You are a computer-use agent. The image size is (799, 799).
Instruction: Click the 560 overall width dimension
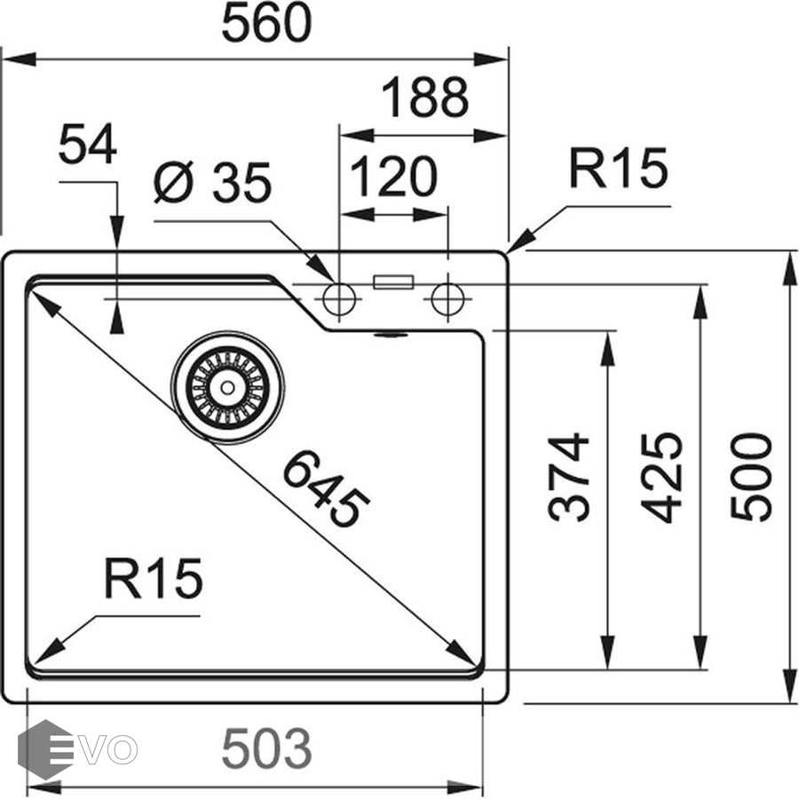[266, 25]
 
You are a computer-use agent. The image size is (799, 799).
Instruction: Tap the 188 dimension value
[424, 99]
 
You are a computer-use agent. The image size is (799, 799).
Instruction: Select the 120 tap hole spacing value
[393, 177]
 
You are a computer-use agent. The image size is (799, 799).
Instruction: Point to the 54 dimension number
[87, 146]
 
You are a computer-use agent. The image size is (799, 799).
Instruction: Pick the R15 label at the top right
[617, 170]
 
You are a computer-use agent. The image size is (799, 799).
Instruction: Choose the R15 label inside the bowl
[153, 579]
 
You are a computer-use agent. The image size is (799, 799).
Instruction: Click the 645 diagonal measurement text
[326, 489]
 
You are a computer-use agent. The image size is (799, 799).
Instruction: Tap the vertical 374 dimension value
[569, 477]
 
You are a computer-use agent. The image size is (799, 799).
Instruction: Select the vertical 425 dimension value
[662, 477]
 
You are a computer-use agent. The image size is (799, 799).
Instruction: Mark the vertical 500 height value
[752, 477]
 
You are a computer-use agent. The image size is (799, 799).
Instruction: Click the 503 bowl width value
[266, 749]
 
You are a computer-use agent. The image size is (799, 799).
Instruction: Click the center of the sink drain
[227, 387]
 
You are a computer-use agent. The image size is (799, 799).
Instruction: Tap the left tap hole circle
[338, 299]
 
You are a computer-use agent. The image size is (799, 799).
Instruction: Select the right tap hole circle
[447, 299]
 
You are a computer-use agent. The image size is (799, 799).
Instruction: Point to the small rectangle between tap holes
[393, 281]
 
